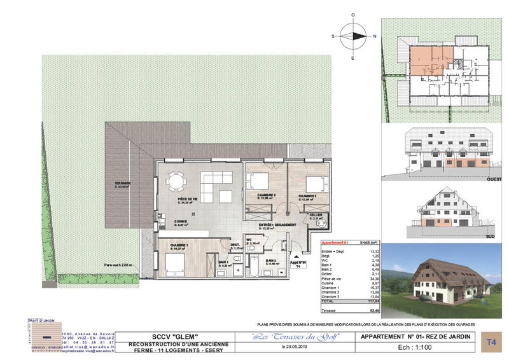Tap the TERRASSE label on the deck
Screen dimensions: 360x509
123,183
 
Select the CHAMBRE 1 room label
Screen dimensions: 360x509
179,245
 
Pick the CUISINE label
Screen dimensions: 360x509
181,221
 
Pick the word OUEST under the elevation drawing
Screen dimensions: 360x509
494,180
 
